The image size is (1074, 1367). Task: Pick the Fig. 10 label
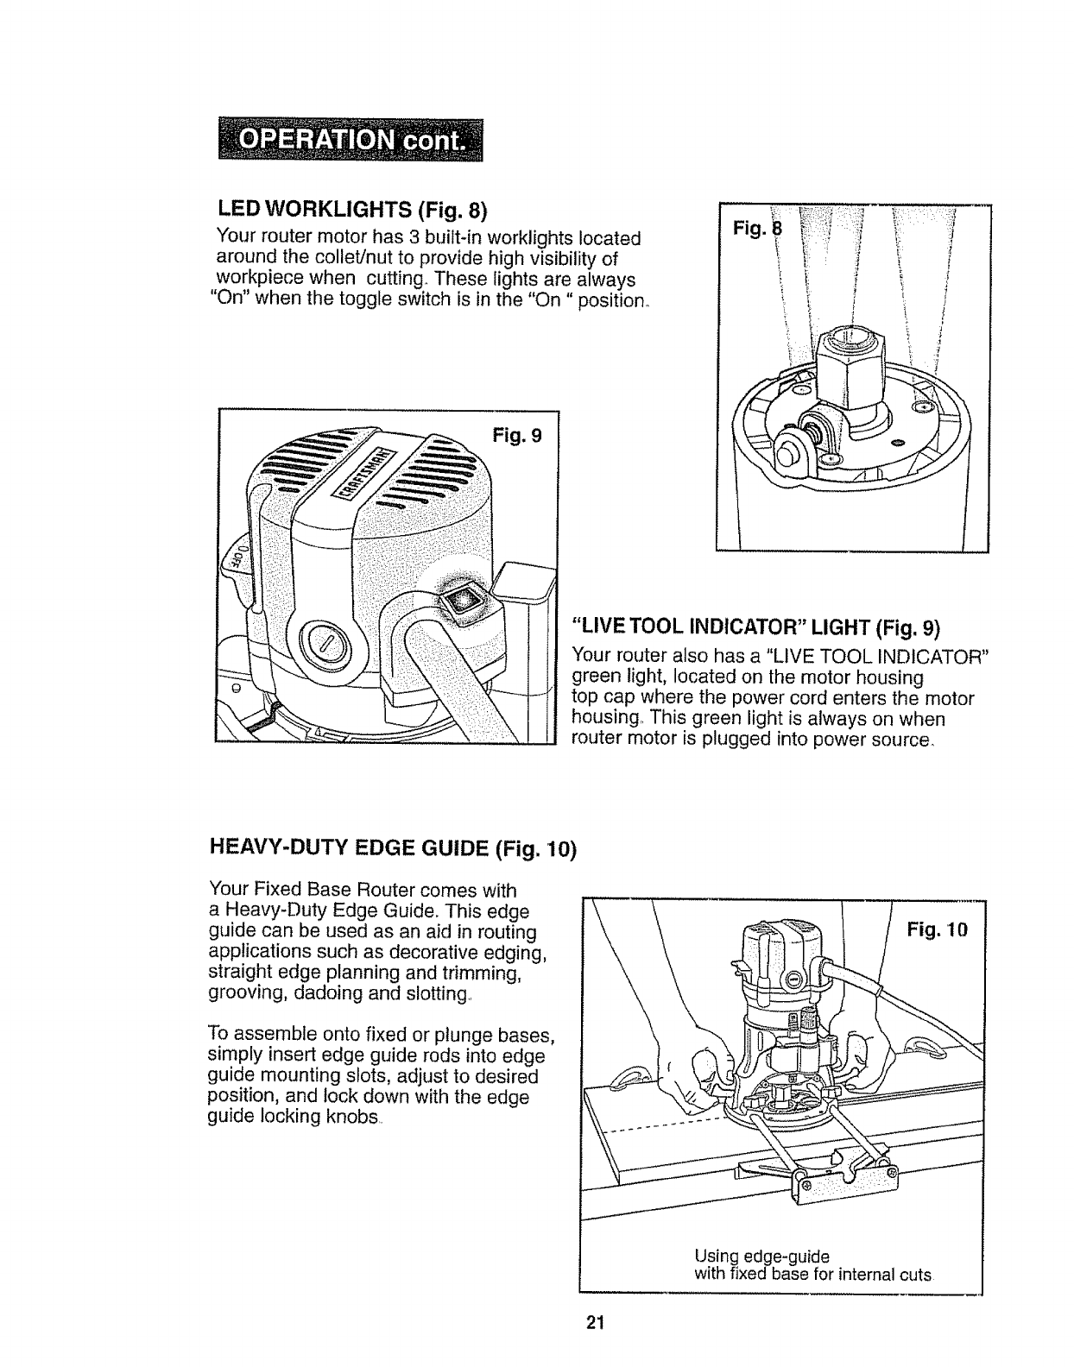938,929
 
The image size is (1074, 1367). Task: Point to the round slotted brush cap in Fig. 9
324,640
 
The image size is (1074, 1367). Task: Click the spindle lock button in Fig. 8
787,449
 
